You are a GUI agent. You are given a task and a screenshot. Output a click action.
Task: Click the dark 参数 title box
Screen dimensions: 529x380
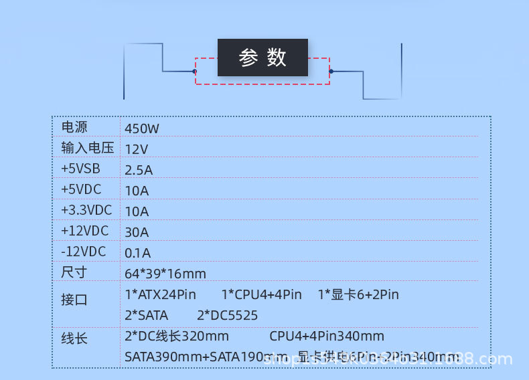point(262,58)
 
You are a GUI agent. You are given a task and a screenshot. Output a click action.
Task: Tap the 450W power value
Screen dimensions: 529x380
point(142,128)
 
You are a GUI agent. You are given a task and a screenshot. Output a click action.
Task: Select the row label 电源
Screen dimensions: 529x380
point(74,127)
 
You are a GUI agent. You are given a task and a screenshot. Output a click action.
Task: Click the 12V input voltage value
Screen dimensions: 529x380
point(137,149)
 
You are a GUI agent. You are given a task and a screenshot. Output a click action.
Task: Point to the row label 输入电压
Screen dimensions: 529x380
point(87,148)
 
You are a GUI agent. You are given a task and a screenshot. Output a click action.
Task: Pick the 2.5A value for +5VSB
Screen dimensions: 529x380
point(139,170)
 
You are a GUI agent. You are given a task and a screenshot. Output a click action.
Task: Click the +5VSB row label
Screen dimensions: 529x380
point(80,169)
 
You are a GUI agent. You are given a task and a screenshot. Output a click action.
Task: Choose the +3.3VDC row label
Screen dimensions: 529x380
point(86,210)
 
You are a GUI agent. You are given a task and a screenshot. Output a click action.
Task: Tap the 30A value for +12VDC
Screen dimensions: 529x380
point(137,232)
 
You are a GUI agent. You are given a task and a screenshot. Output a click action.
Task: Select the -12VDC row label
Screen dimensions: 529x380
point(83,252)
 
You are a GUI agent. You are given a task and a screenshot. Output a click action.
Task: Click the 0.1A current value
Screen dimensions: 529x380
point(138,253)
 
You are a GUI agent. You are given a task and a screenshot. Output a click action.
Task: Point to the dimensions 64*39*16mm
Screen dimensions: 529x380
point(165,274)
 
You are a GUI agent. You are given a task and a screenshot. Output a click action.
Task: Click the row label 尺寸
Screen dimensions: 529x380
point(74,272)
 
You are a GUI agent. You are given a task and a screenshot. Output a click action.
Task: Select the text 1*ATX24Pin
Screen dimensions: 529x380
point(160,294)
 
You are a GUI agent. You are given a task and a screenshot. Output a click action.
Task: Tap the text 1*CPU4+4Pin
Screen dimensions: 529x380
point(261,294)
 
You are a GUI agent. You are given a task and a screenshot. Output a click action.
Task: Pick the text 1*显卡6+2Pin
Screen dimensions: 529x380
point(358,294)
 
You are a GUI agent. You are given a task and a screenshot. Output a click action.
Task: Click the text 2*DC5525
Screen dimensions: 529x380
point(227,315)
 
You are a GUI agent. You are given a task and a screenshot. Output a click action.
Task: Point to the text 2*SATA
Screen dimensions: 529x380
point(146,315)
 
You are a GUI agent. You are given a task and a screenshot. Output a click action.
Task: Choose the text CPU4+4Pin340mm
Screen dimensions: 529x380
point(327,336)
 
